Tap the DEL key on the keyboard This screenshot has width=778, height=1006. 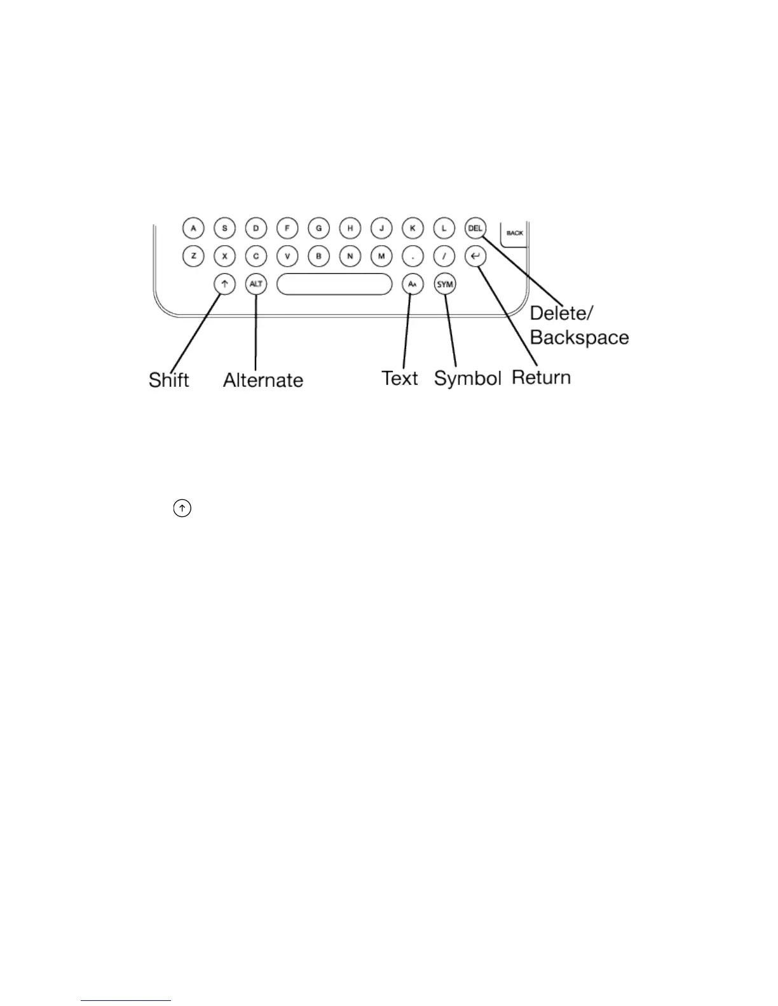click(x=475, y=228)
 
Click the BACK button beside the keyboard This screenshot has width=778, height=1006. click(x=514, y=233)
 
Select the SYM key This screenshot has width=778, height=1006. click(x=445, y=285)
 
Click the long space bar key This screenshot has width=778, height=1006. click(x=334, y=285)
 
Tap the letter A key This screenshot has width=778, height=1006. click(x=193, y=228)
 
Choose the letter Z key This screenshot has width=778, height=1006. click(x=193, y=257)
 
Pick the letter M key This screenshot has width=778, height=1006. click(x=381, y=257)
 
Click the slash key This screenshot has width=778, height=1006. click(x=444, y=257)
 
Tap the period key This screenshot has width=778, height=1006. click(x=413, y=257)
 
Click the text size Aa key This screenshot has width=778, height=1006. click(x=413, y=285)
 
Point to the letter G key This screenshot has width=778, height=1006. click(x=318, y=228)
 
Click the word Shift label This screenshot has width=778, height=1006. click(x=169, y=380)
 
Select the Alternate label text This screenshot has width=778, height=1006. click(x=263, y=380)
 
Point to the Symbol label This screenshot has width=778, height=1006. click(x=468, y=379)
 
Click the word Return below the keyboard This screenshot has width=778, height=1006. click(x=542, y=377)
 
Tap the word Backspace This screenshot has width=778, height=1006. click(x=579, y=337)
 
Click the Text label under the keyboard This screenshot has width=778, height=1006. click(x=400, y=379)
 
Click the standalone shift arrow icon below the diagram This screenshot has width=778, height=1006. click(x=182, y=508)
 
